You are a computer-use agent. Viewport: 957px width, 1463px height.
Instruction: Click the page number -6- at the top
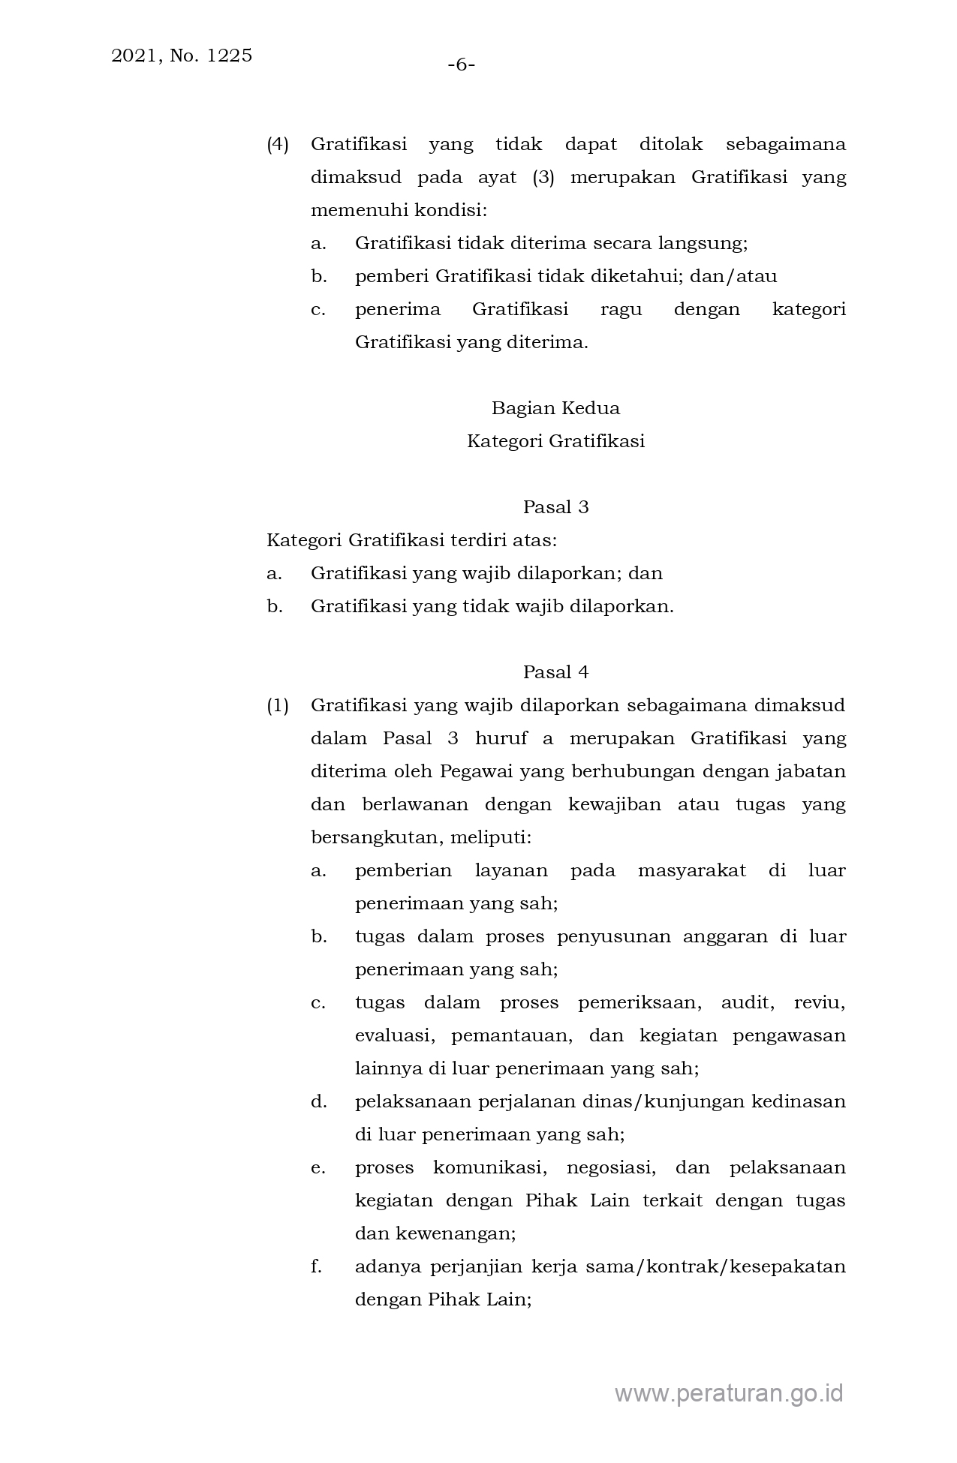462,65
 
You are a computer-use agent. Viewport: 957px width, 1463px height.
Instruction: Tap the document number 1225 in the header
227,56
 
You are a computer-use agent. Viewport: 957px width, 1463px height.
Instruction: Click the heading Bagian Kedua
555,408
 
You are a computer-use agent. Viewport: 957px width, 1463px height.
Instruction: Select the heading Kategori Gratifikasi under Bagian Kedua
555,441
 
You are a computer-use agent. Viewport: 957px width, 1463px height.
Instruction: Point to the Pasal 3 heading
555,507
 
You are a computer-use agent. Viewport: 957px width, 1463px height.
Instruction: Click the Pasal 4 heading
555,672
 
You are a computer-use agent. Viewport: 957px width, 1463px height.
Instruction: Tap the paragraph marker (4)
278,144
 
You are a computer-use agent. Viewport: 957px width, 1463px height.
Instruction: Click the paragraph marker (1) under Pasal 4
278,705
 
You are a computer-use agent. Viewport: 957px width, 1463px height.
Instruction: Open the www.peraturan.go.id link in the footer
729,1393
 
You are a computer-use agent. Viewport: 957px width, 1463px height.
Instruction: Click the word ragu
621,309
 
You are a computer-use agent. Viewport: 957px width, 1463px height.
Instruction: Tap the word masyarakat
691,870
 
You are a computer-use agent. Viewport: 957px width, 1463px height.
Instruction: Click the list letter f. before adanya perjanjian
316,1266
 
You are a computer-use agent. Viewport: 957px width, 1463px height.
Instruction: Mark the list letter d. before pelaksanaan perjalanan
318,1101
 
